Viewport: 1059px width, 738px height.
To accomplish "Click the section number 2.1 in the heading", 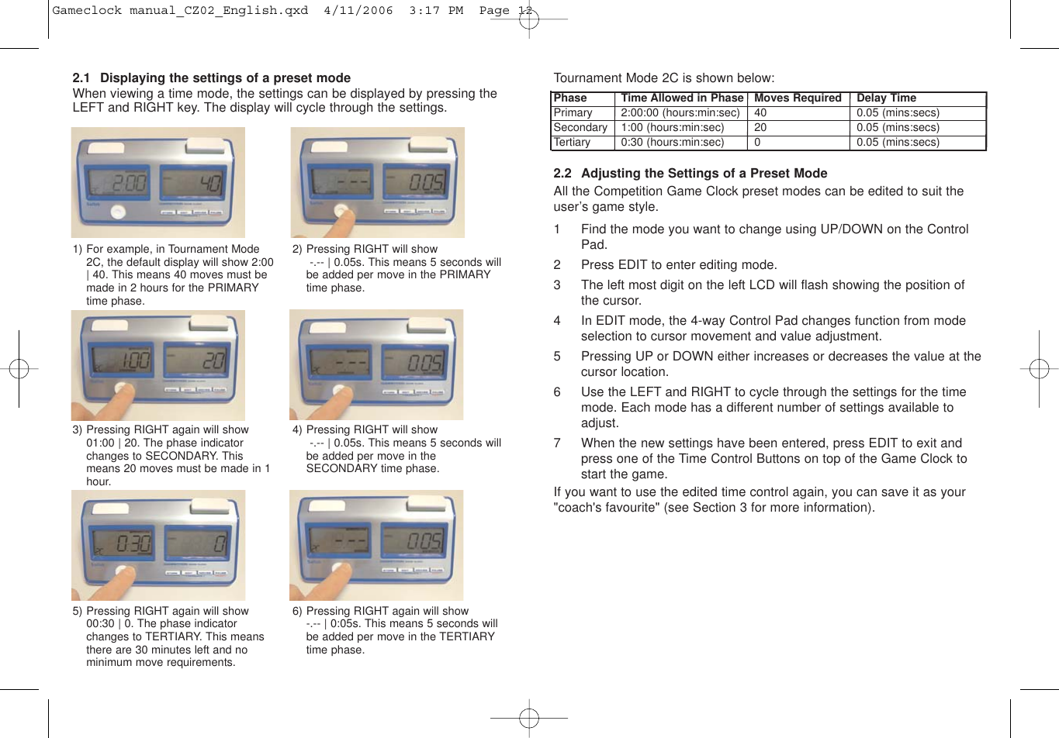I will pos(81,78).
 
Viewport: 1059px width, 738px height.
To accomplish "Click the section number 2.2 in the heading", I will pos(562,174).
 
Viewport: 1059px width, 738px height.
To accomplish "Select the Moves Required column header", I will pos(798,98).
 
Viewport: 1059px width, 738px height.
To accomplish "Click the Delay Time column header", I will pos(886,98).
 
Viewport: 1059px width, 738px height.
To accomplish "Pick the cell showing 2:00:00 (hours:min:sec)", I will pos(680,112).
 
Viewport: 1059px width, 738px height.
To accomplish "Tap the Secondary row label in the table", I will pos(580,127).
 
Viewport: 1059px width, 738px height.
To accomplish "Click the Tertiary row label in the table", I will pos(572,142).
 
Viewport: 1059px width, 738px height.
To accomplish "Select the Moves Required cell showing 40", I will pos(760,112).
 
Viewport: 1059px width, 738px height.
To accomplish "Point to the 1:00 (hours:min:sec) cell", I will pos(672,127).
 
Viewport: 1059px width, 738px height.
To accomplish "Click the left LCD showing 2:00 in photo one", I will pos(119,184).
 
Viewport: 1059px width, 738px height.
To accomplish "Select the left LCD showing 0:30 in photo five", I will pos(119,543).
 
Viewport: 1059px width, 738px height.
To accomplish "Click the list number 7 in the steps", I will pos(557,443).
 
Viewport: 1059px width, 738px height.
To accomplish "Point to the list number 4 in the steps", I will pos(557,321).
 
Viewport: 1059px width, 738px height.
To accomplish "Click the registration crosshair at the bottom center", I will pos(529,718).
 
